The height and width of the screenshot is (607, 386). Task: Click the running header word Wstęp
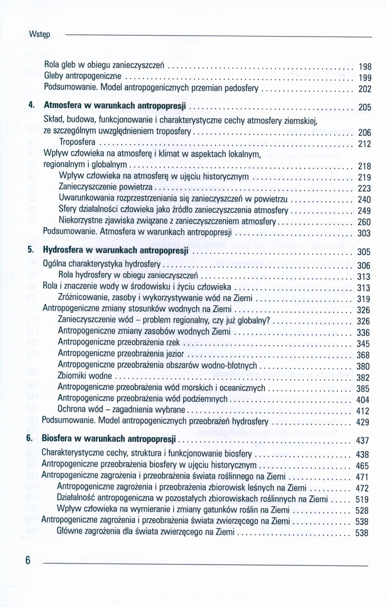click(x=39, y=34)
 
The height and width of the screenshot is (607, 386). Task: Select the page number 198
click(x=365, y=67)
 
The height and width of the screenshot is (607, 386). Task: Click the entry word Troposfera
click(x=77, y=142)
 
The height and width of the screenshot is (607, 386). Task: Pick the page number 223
click(x=364, y=189)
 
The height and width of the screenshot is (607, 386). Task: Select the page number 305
click(x=364, y=252)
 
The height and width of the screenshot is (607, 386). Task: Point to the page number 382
click(x=363, y=378)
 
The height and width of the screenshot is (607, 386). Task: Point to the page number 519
click(x=362, y=499)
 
